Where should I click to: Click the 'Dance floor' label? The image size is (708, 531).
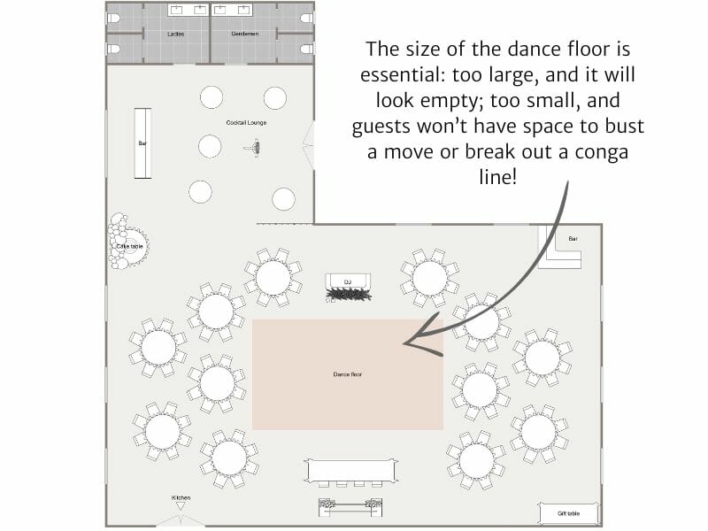pyautogui.click(x=347, y=374)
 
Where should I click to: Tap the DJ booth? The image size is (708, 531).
pyautogui.click(x=347, y=288)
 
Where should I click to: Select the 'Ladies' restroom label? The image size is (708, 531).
pyautogui.click(x=175, y=34)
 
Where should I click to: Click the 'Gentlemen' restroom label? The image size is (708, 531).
pyautogui.click(x=244, y=34)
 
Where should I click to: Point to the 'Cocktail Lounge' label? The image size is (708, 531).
pyautogui.click(x=245, y=122)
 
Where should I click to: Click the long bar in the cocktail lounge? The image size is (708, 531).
pyautogui.click(x=142, y=142)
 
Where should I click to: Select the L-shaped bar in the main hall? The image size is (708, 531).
pyautogui.click(x=563, y=248)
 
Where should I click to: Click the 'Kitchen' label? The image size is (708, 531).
pyautogui.click(x=181, y=498)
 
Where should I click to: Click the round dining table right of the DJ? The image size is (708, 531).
pyautogui.click(x=429, y=277)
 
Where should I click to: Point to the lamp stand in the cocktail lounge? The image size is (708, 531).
pyautogui.click(x=258, y=148)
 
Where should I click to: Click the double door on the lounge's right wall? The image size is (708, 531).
pyautogui.click(x=309, y=145)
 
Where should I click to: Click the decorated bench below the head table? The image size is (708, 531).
pyautogui.click(x=350, y=507)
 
